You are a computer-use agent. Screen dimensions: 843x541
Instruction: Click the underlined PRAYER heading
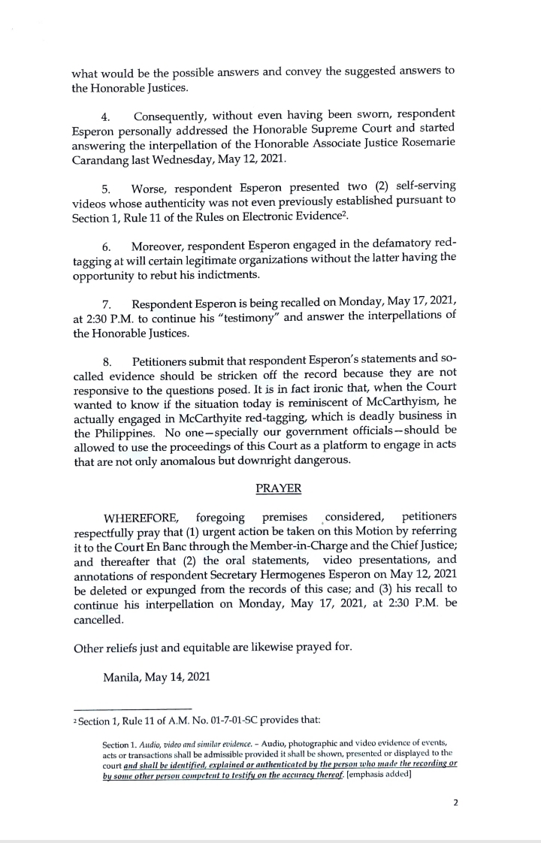[279, 488]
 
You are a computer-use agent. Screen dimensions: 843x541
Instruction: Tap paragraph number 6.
[107, 247]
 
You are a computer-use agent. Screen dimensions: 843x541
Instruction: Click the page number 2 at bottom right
[455, 802]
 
